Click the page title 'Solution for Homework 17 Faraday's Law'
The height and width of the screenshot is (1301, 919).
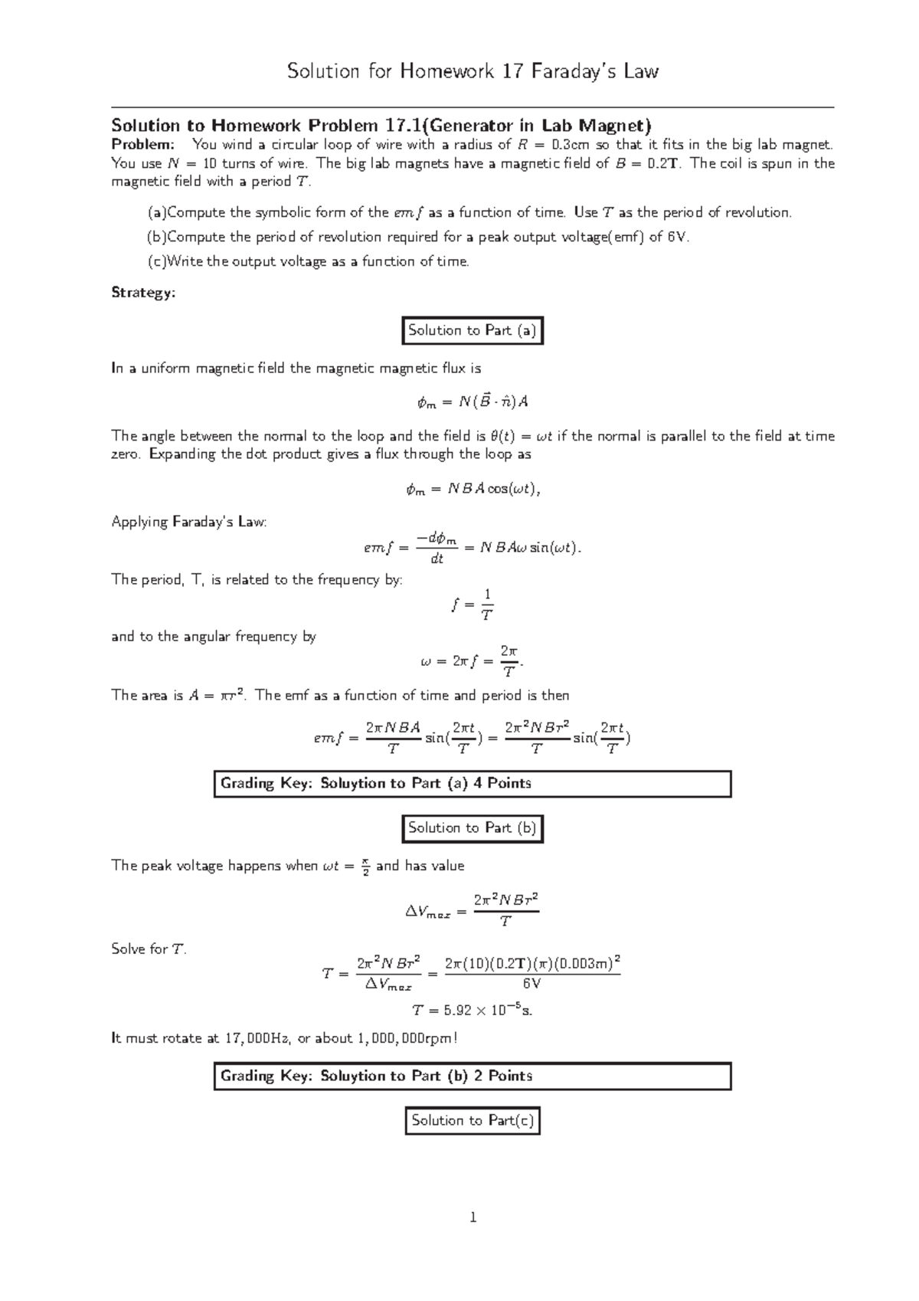(x=473, y=72)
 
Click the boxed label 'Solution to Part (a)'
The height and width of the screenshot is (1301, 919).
(x=473, y=330)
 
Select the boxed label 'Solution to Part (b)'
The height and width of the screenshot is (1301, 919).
(x=473, y=828)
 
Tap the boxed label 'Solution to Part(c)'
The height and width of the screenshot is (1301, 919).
(x=473, y=1121)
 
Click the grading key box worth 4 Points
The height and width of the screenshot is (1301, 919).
(x=472, y=784)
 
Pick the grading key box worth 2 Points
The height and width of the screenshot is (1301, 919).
(x=472, y=1077)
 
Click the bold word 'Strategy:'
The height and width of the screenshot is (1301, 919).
(x=143, y=293)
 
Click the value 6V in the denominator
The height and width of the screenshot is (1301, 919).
(x=531, y=983)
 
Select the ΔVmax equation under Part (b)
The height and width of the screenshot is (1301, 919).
(x=473, y=910)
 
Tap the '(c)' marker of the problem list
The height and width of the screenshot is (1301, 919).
(x=156, y=262)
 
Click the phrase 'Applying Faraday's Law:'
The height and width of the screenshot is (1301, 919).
(x=189, y=523)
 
